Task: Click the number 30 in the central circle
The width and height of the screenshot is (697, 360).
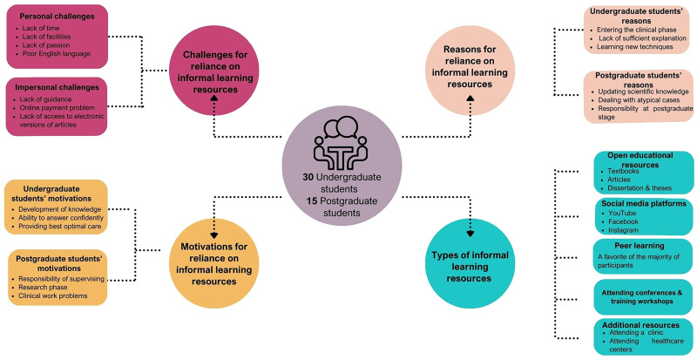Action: coord(297,177)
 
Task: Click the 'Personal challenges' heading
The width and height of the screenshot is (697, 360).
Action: coord(55,17)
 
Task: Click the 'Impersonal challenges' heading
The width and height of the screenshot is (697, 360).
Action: coord(58,88)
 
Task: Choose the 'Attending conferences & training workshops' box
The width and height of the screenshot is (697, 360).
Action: coord(642,296)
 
